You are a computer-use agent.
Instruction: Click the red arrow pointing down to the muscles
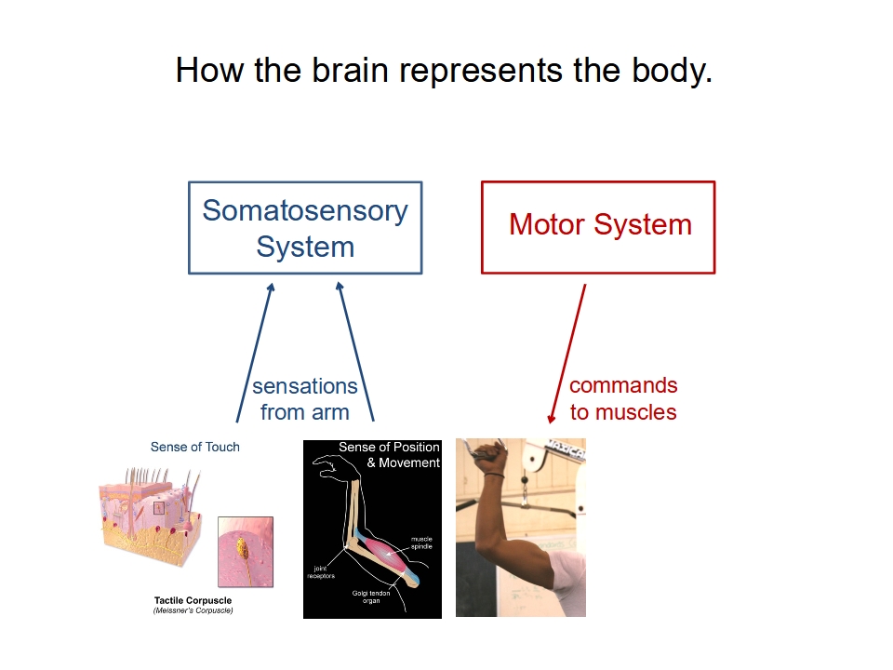point(567,354)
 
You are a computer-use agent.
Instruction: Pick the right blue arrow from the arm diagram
point(355,352)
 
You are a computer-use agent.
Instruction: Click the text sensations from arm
point(305,399)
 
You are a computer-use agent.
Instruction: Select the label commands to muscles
point(623,398)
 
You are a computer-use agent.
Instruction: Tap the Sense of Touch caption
point(194,448)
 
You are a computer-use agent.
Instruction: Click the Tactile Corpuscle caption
point(193,600)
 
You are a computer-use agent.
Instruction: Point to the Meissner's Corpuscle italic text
point(193,610)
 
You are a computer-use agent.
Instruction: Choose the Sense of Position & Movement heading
point(390,455)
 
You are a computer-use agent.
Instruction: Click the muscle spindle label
point(421,543)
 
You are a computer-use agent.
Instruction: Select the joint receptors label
point(321,572)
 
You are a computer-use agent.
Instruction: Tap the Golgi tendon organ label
point(371,596)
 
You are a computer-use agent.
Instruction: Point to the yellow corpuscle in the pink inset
point(242,547)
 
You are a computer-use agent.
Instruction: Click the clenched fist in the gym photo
point(490,456)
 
